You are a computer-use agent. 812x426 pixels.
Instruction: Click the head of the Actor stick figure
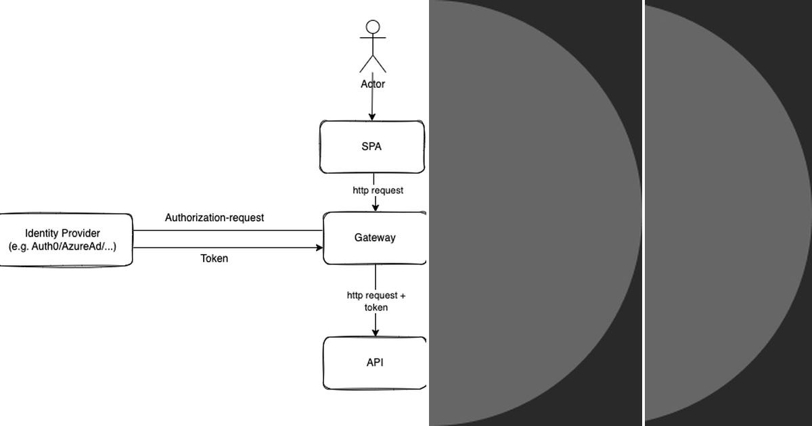[x=373, y=27]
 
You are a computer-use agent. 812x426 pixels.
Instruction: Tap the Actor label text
[x=373, y=85]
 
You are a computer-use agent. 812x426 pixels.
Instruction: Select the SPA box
[x=371, y=147]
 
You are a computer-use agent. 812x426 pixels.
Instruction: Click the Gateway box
[x=375, y=238]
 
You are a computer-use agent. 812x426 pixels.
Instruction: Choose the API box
[x=375, y=363]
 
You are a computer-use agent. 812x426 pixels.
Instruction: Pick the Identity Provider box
[x=65, y=240]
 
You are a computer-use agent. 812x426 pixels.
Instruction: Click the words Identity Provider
[x=62, y=233]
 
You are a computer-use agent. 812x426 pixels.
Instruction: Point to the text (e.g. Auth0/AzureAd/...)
[x=62, y=247]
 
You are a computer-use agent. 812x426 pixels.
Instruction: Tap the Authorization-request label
[x=215, y=218]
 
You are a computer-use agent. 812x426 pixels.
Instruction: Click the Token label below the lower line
[x=215, y=258]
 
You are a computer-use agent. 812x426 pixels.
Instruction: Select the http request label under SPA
[x=378, y=191]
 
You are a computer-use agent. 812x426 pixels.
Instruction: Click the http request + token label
[x=376, y=302]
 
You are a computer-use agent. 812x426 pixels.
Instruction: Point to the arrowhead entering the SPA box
[x=371, y=117]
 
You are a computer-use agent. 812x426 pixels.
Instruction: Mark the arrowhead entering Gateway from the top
[x=375, y=208]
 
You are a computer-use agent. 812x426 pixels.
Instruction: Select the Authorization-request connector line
[x=227, y=231]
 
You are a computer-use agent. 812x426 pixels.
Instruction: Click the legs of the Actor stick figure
[x=373, y=64]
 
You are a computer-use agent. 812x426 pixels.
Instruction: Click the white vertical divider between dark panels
[x=643, y=213]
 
